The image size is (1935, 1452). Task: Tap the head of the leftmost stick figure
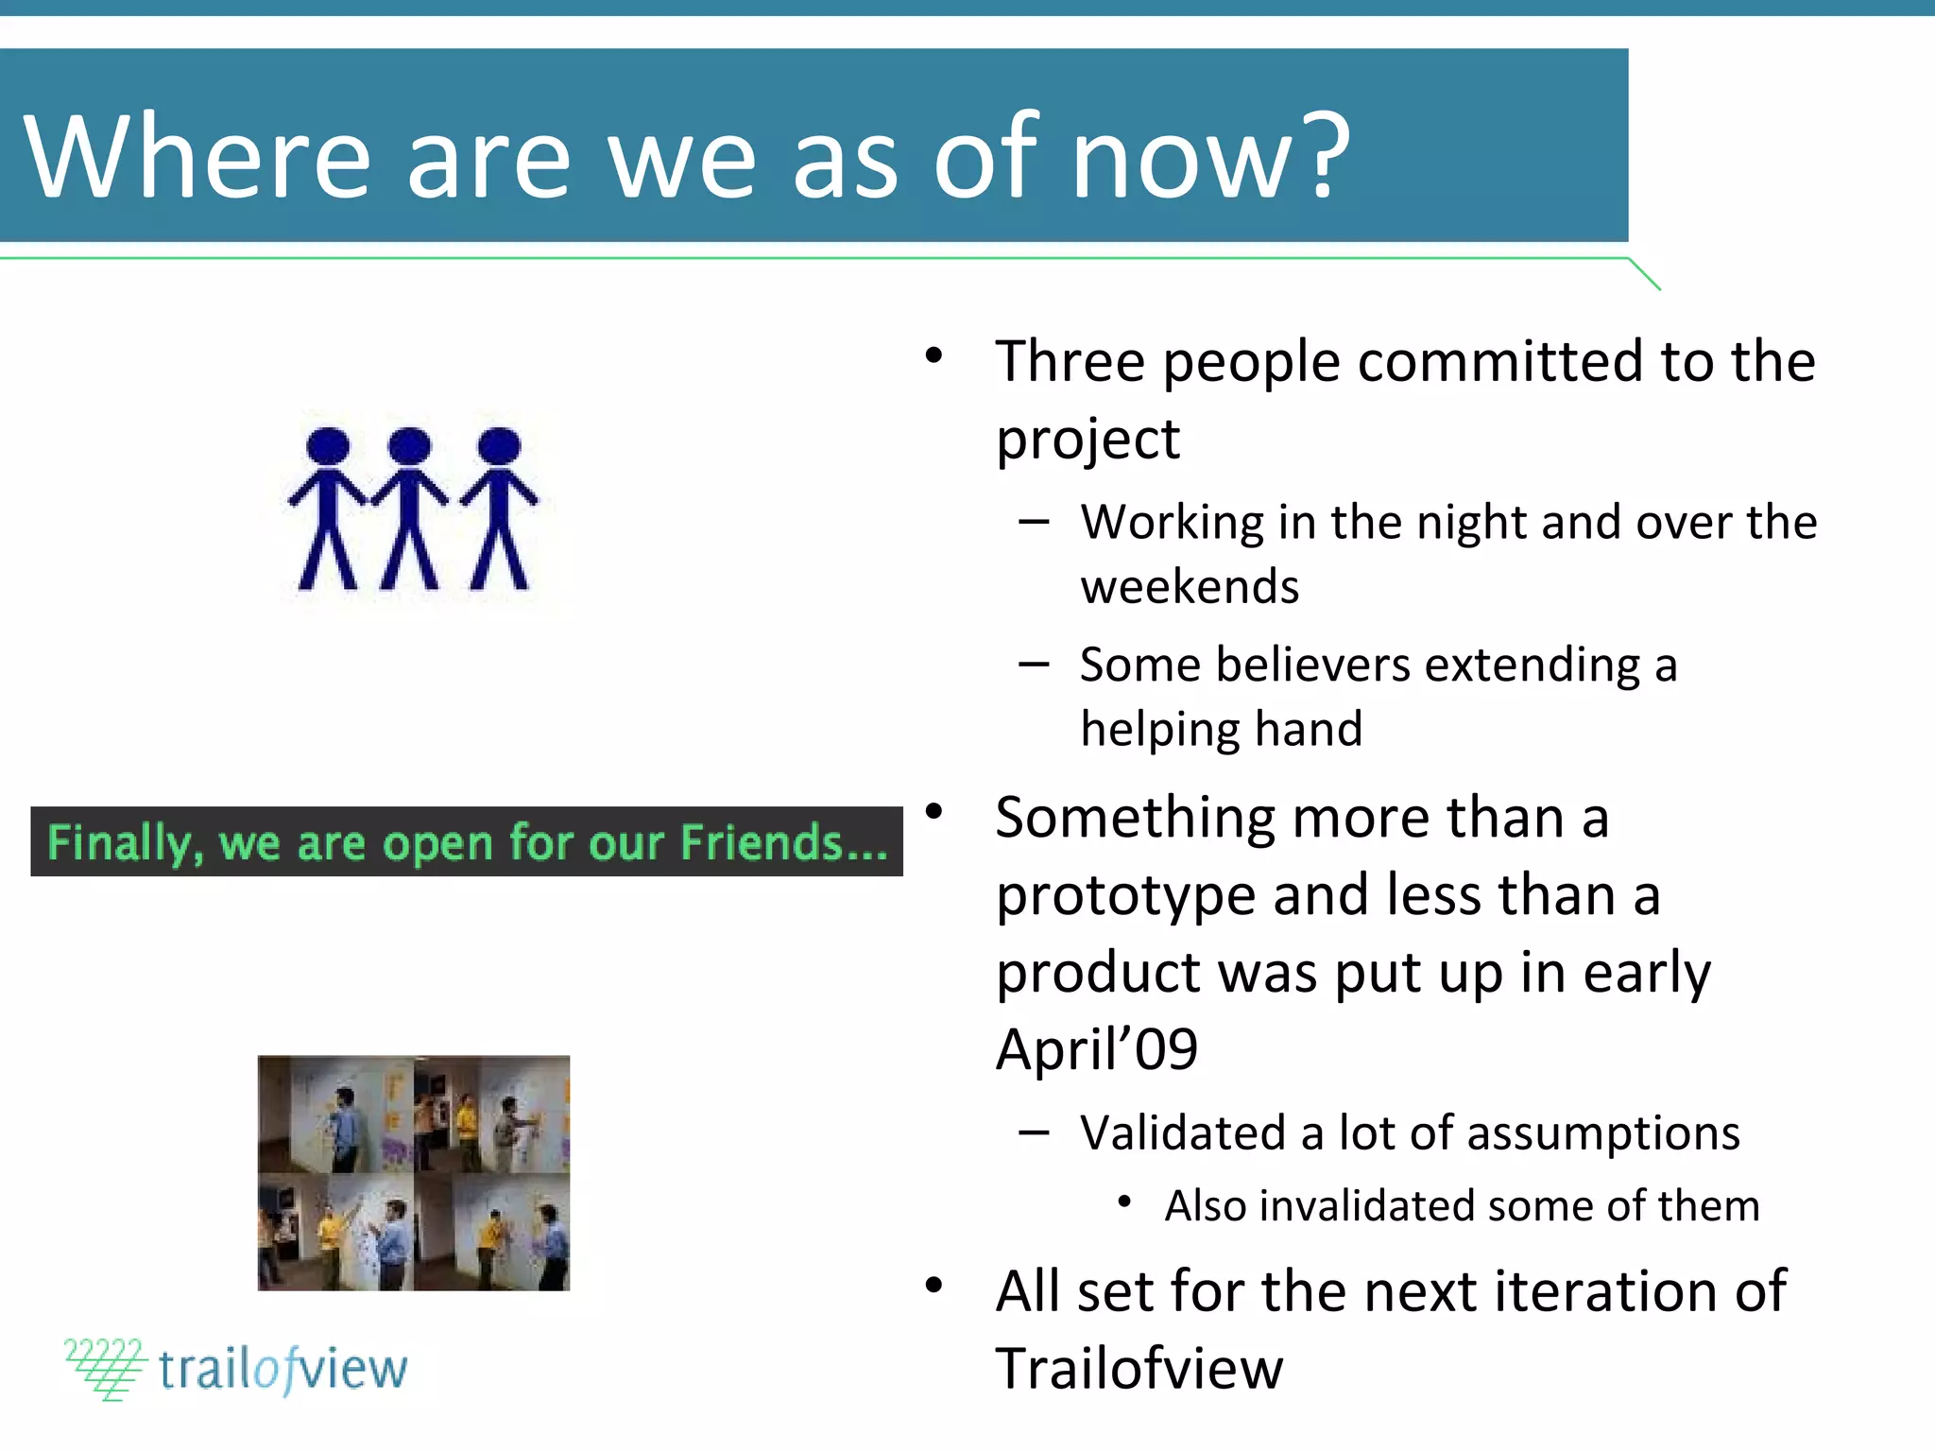(x=328, y=446)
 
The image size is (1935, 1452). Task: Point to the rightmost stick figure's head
(x=499, y=446)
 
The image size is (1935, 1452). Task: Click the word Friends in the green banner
(x=762, y=842)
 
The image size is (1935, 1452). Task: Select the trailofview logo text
(x=282, y=1369)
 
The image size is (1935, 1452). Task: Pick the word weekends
(x=1190, y=587)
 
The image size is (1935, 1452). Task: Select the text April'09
(x=1096, y=1049)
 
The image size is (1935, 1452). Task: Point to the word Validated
(x=1182, y=1132)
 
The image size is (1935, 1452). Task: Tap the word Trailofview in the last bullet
(x=1139, y=1369)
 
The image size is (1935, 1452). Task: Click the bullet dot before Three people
(x=933, y=356)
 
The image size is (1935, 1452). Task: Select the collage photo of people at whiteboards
(x=414, y=1172)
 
